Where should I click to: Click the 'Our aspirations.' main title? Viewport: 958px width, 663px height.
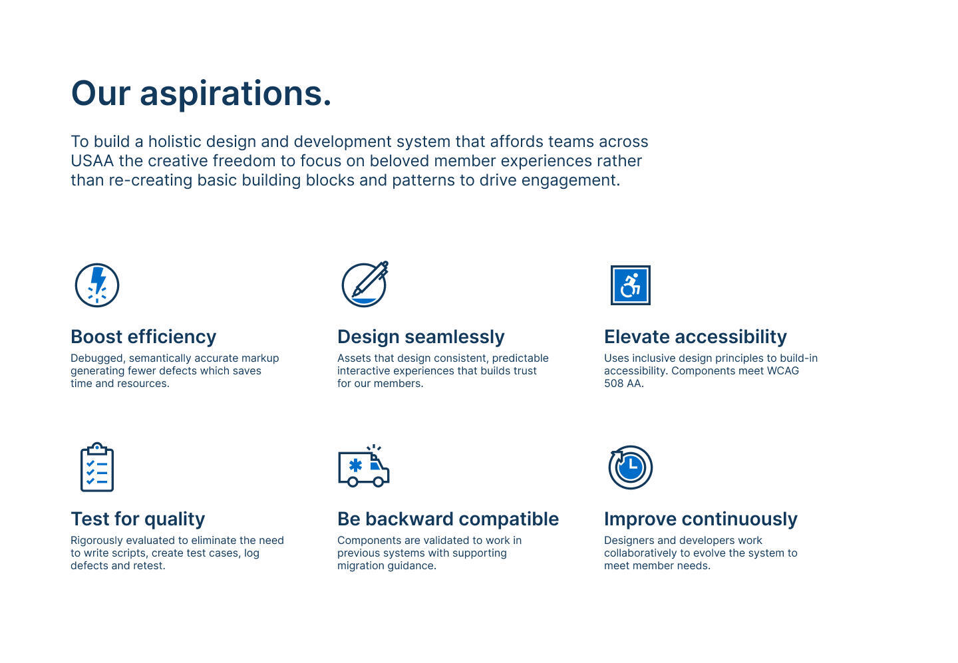tap(201, 93)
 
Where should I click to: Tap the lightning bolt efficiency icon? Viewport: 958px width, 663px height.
tap(97, 285)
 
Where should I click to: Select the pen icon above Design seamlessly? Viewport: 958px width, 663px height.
tap(365, 284)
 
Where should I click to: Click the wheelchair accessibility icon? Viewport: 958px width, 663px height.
tap(631, 285)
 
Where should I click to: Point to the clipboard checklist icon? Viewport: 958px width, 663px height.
tap(97, 467)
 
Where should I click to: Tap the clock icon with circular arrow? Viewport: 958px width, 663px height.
tap(631, 467)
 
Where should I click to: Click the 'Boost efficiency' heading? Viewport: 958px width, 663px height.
tap(143, 337)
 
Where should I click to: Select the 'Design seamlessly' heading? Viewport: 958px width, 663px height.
tap(421, 337)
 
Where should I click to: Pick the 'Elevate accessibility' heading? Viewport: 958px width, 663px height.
tap(695, 337)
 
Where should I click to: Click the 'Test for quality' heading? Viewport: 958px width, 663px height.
tap(138, 519)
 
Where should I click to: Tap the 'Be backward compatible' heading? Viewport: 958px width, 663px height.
tap(448, 519)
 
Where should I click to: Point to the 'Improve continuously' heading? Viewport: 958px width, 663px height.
tap(701, 519)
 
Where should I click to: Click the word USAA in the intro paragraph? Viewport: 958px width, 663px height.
tap(92, 161)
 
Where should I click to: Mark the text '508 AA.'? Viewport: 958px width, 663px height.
tap(623, 384)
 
